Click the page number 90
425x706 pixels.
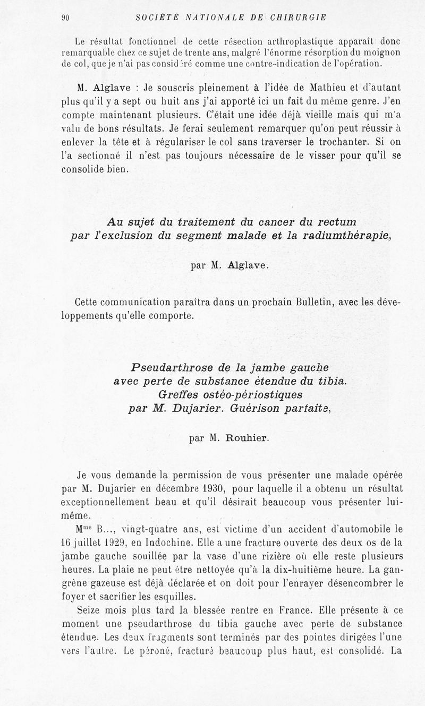point(66,17)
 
